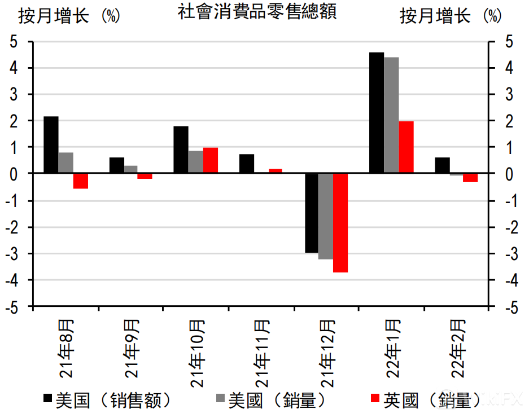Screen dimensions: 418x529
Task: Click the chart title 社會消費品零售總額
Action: pos(257,12)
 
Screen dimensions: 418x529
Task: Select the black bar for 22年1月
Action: pos(376,113)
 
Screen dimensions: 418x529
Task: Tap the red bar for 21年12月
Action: pos(340,223)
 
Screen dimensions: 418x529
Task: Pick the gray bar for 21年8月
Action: pos(65,163)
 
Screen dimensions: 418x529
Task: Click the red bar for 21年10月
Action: pos(211,160)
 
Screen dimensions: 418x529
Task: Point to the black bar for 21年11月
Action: pos(247,164)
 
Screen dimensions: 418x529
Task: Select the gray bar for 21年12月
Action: pos(326,216)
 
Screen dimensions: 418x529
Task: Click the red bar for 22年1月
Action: pos(406,147)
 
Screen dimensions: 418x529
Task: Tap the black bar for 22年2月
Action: pos(442,165)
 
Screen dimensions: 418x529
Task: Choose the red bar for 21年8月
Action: pos(81,181)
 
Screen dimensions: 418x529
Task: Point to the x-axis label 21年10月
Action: pos(196,353)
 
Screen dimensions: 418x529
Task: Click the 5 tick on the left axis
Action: pos(14,42)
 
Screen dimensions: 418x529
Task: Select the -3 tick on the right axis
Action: pos(510,254)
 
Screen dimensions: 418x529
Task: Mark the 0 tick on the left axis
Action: pos(14,174)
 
